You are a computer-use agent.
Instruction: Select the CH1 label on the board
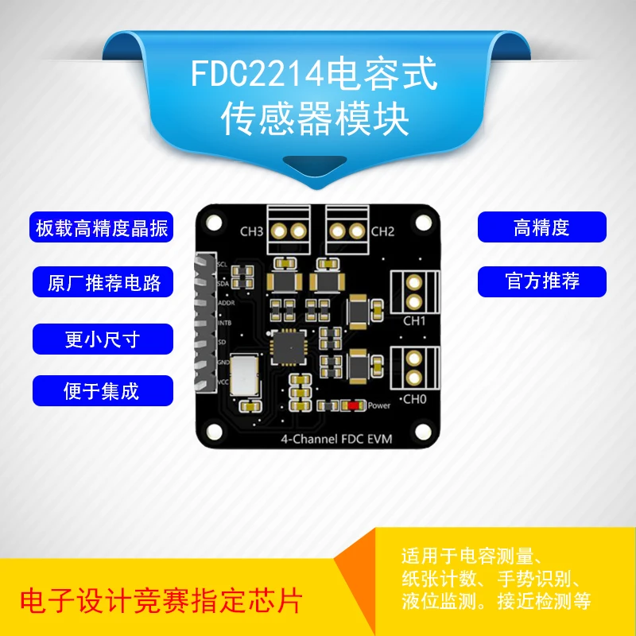pyautogui.click(x=415, y=321)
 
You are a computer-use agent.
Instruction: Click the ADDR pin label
pyautogui.click(x=225, y=303)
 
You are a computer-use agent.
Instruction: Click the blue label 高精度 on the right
pyautogui.click(x=541, y=228)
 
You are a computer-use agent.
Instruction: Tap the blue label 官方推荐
pyautogui.click(x=541, y=281)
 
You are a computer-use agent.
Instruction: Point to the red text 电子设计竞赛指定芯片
pyautogui.click(x=159, y=599)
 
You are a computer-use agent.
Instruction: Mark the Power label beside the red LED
pyautogui.click(x=378, y=405)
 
